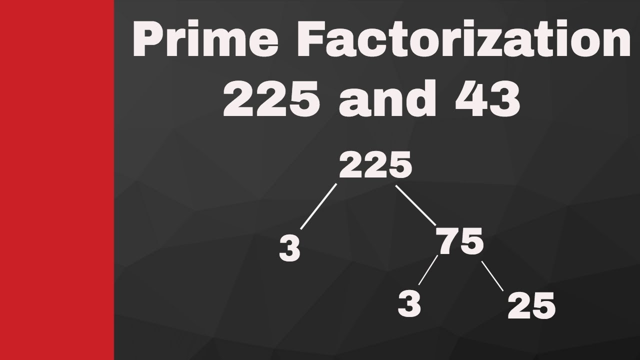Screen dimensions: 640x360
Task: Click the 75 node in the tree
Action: pos(460,242)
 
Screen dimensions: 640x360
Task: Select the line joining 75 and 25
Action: pos(492,276)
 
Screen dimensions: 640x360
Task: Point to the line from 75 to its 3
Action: pos(428,270)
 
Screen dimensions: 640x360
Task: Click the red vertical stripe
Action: pos(56,180)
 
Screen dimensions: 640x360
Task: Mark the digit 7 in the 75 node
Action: pos(447,242)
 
